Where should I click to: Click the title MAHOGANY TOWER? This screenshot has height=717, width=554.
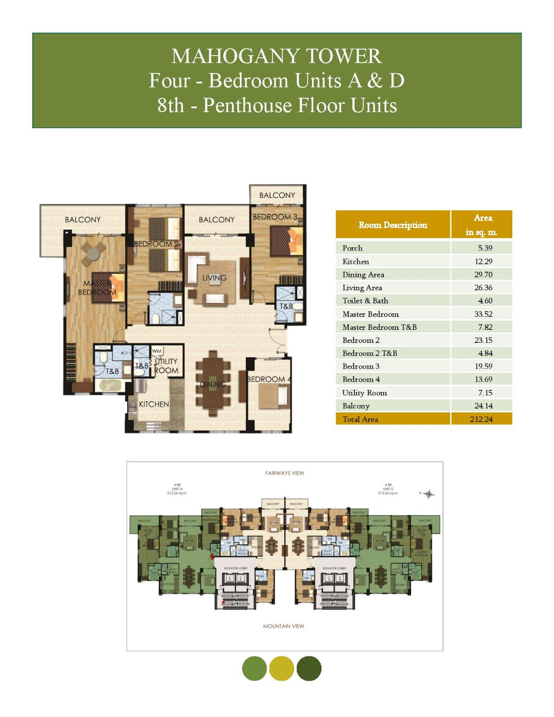click(x=277, y=56)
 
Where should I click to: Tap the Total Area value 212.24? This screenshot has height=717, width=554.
click(x=481, y=419)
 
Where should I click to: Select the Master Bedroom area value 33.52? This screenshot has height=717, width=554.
click(x=483, y=314)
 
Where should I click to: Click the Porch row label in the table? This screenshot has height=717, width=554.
click(x=352, y=248)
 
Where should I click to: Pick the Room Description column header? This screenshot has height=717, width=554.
click(x=393, y=225)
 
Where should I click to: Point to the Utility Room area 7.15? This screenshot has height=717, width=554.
click(x=485, y=393)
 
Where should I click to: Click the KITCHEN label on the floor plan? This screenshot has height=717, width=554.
click(x=154, y=404)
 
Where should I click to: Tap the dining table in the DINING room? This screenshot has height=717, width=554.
click(x=213, y=384)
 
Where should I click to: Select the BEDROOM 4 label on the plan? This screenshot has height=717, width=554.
click(x=268, y=380)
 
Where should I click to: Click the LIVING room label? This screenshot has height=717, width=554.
click(x=214, y=278)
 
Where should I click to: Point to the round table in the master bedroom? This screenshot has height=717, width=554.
click(x=94, y=254)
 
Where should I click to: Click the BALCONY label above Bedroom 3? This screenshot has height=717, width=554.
click(x=277, y=195)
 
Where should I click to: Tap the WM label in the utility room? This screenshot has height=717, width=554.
click(x=157, y=351)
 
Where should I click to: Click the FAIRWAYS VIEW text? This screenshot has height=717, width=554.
click(x=285, y=473)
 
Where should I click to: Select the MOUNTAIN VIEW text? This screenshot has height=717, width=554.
click(x=283, y=626)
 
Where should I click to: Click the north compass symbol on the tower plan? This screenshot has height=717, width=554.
click(x=429, y=494)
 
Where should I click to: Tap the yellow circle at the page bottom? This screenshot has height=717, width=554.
click(x=281, y=669)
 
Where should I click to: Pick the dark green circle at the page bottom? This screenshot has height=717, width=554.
click(x=309, y=669)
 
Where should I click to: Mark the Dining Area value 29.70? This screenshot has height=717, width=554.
click(x=483, y=275)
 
